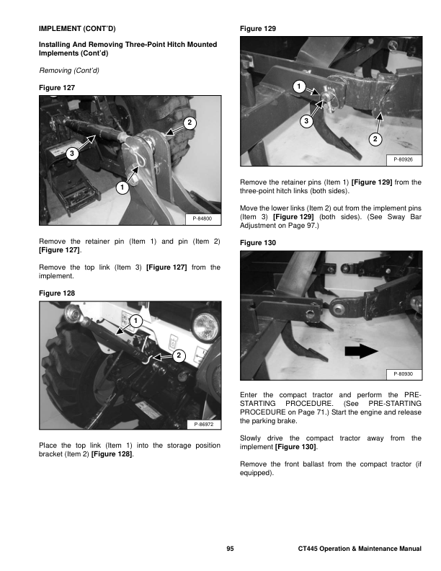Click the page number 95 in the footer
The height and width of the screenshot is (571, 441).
(229, 550)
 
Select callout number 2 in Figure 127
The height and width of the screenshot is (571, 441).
(189, 123)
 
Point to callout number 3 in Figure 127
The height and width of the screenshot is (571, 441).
(71, 154)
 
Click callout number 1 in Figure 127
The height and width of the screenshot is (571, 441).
(121, 188)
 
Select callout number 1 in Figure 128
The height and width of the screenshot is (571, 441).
(135, 321)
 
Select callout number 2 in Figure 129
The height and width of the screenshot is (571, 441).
(375, 138)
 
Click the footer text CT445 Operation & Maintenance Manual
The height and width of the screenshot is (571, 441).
(359, 550)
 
